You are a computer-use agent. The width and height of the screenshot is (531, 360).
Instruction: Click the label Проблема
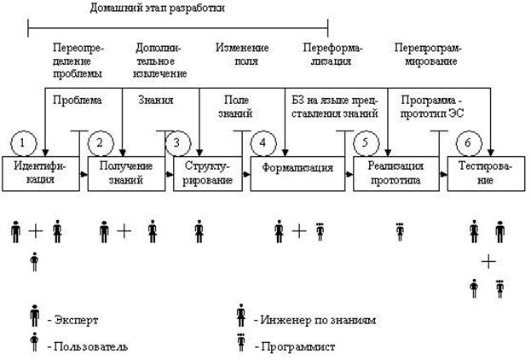coord(77,100)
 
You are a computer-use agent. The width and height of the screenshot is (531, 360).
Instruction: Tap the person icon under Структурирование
coord(199,230)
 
